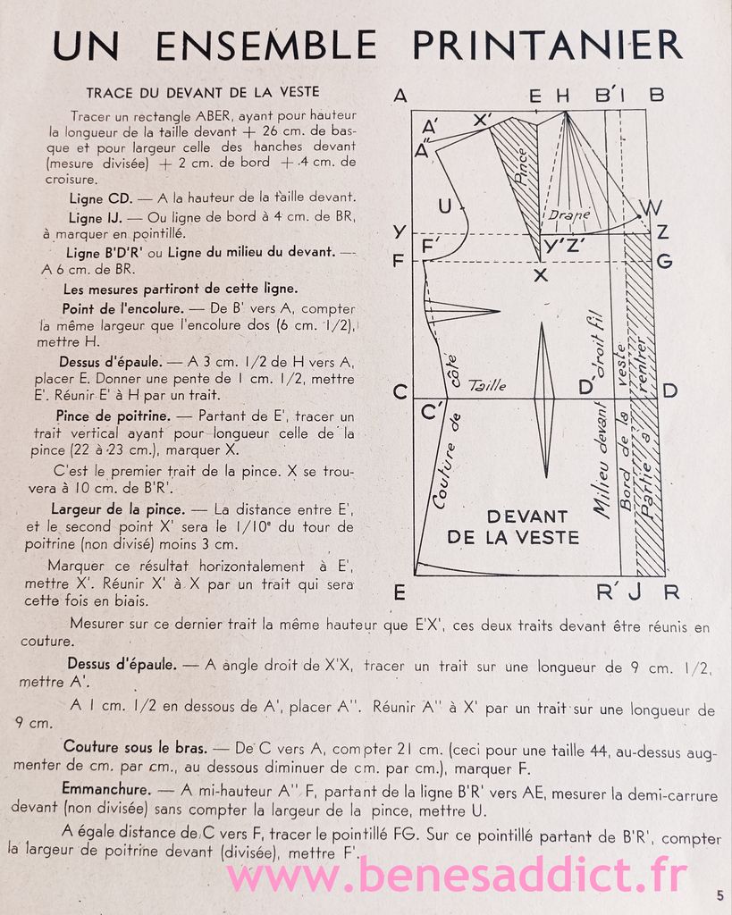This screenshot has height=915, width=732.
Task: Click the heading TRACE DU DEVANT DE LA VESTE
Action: click(x=202, y=92)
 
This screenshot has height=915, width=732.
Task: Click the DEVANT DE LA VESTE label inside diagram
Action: click(x=513, y=527)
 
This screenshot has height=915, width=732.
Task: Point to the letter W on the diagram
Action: click(x=652, y=208)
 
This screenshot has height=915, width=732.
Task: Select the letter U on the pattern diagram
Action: click(x=444, y=206)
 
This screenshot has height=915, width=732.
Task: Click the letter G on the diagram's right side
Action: click(x=664, y=262)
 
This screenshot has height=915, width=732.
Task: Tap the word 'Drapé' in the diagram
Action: click(x=569, y=214)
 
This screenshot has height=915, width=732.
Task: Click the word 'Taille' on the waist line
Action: click(x=487, y=386)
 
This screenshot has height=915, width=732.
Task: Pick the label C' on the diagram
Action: click(x=433, y=412)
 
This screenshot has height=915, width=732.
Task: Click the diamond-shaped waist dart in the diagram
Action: click(x=543, y=399)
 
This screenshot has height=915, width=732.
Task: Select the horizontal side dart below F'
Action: click(x=460, y=309)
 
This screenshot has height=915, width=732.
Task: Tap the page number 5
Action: click(x=719, y=894)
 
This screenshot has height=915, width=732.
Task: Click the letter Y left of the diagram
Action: click(x=400, y=232)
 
